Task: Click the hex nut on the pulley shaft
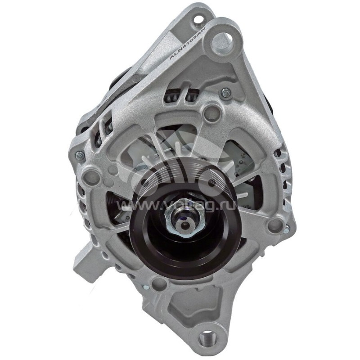(x=182, y=220)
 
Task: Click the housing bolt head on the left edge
(x=79, y=156)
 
